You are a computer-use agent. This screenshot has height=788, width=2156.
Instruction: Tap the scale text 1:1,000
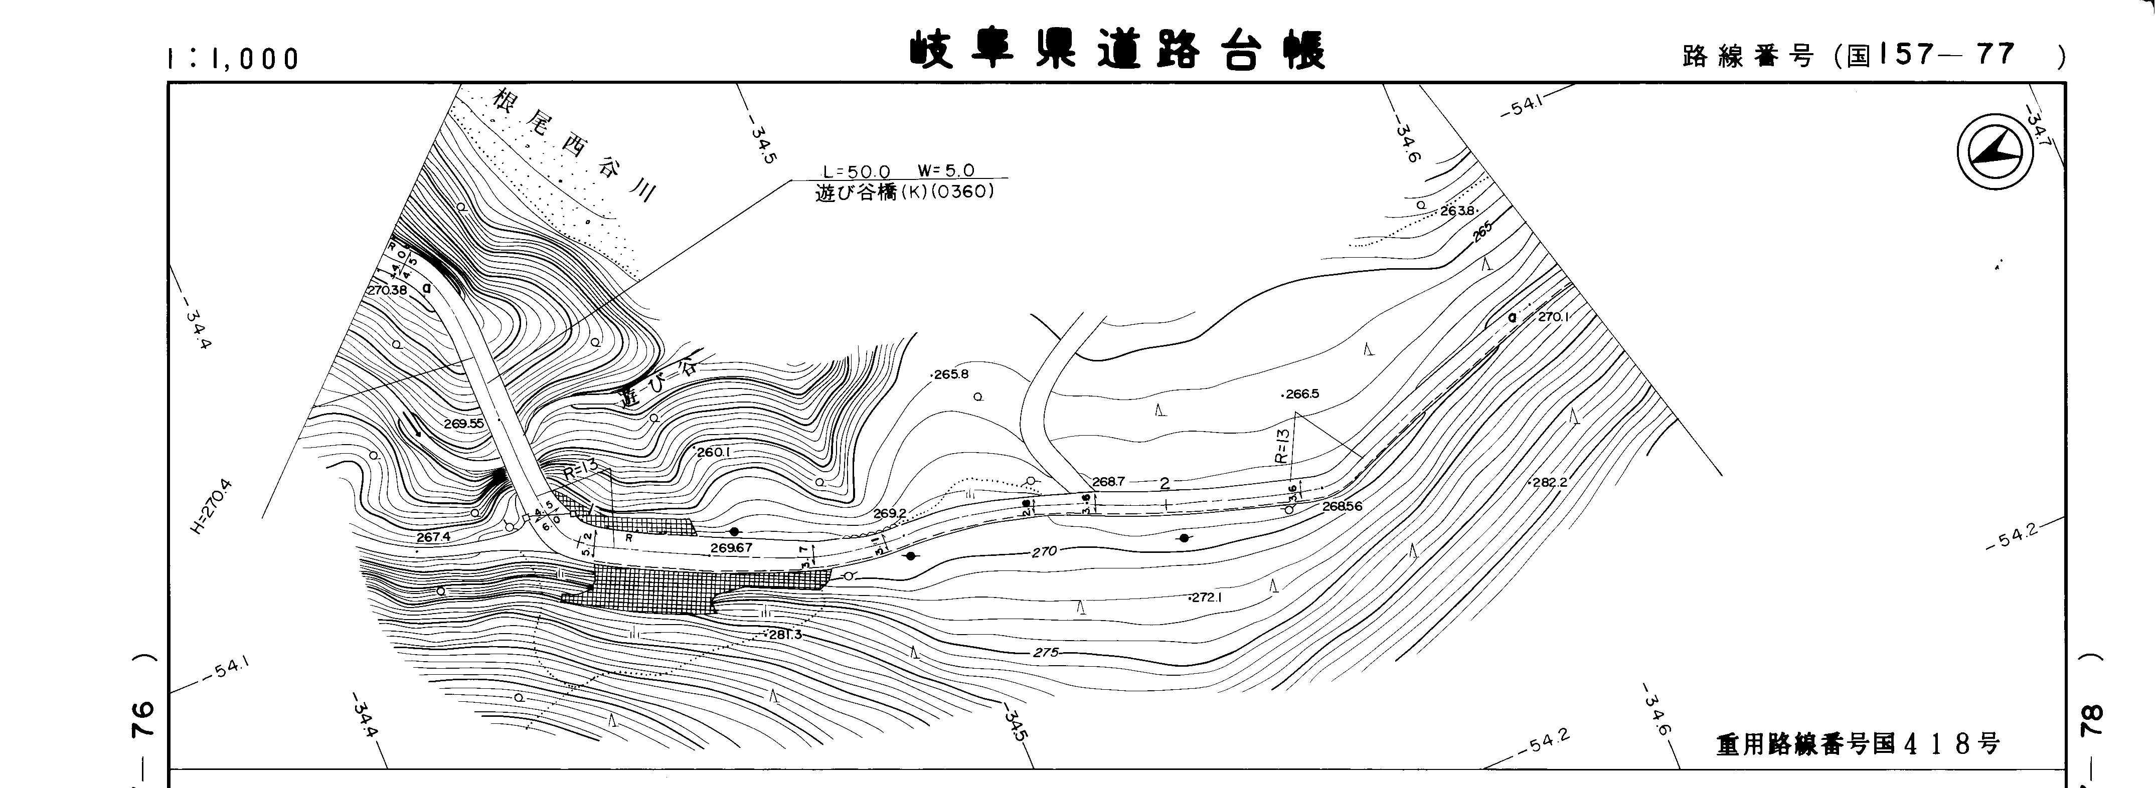coord(233,59)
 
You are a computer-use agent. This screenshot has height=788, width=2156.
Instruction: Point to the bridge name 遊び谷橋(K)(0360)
coord(904,191)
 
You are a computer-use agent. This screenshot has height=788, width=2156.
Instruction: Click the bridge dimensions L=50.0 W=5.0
coord(898,171)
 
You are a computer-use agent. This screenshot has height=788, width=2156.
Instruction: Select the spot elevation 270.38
coord(387,289)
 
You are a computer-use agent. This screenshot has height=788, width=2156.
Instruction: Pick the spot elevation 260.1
coord(714,453)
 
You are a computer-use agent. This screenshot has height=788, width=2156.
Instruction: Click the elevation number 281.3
coord(785,635)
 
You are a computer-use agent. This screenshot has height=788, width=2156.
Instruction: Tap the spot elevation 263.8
coord(1457,211)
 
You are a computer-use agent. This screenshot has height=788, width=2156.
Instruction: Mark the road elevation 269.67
coord(731,548)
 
